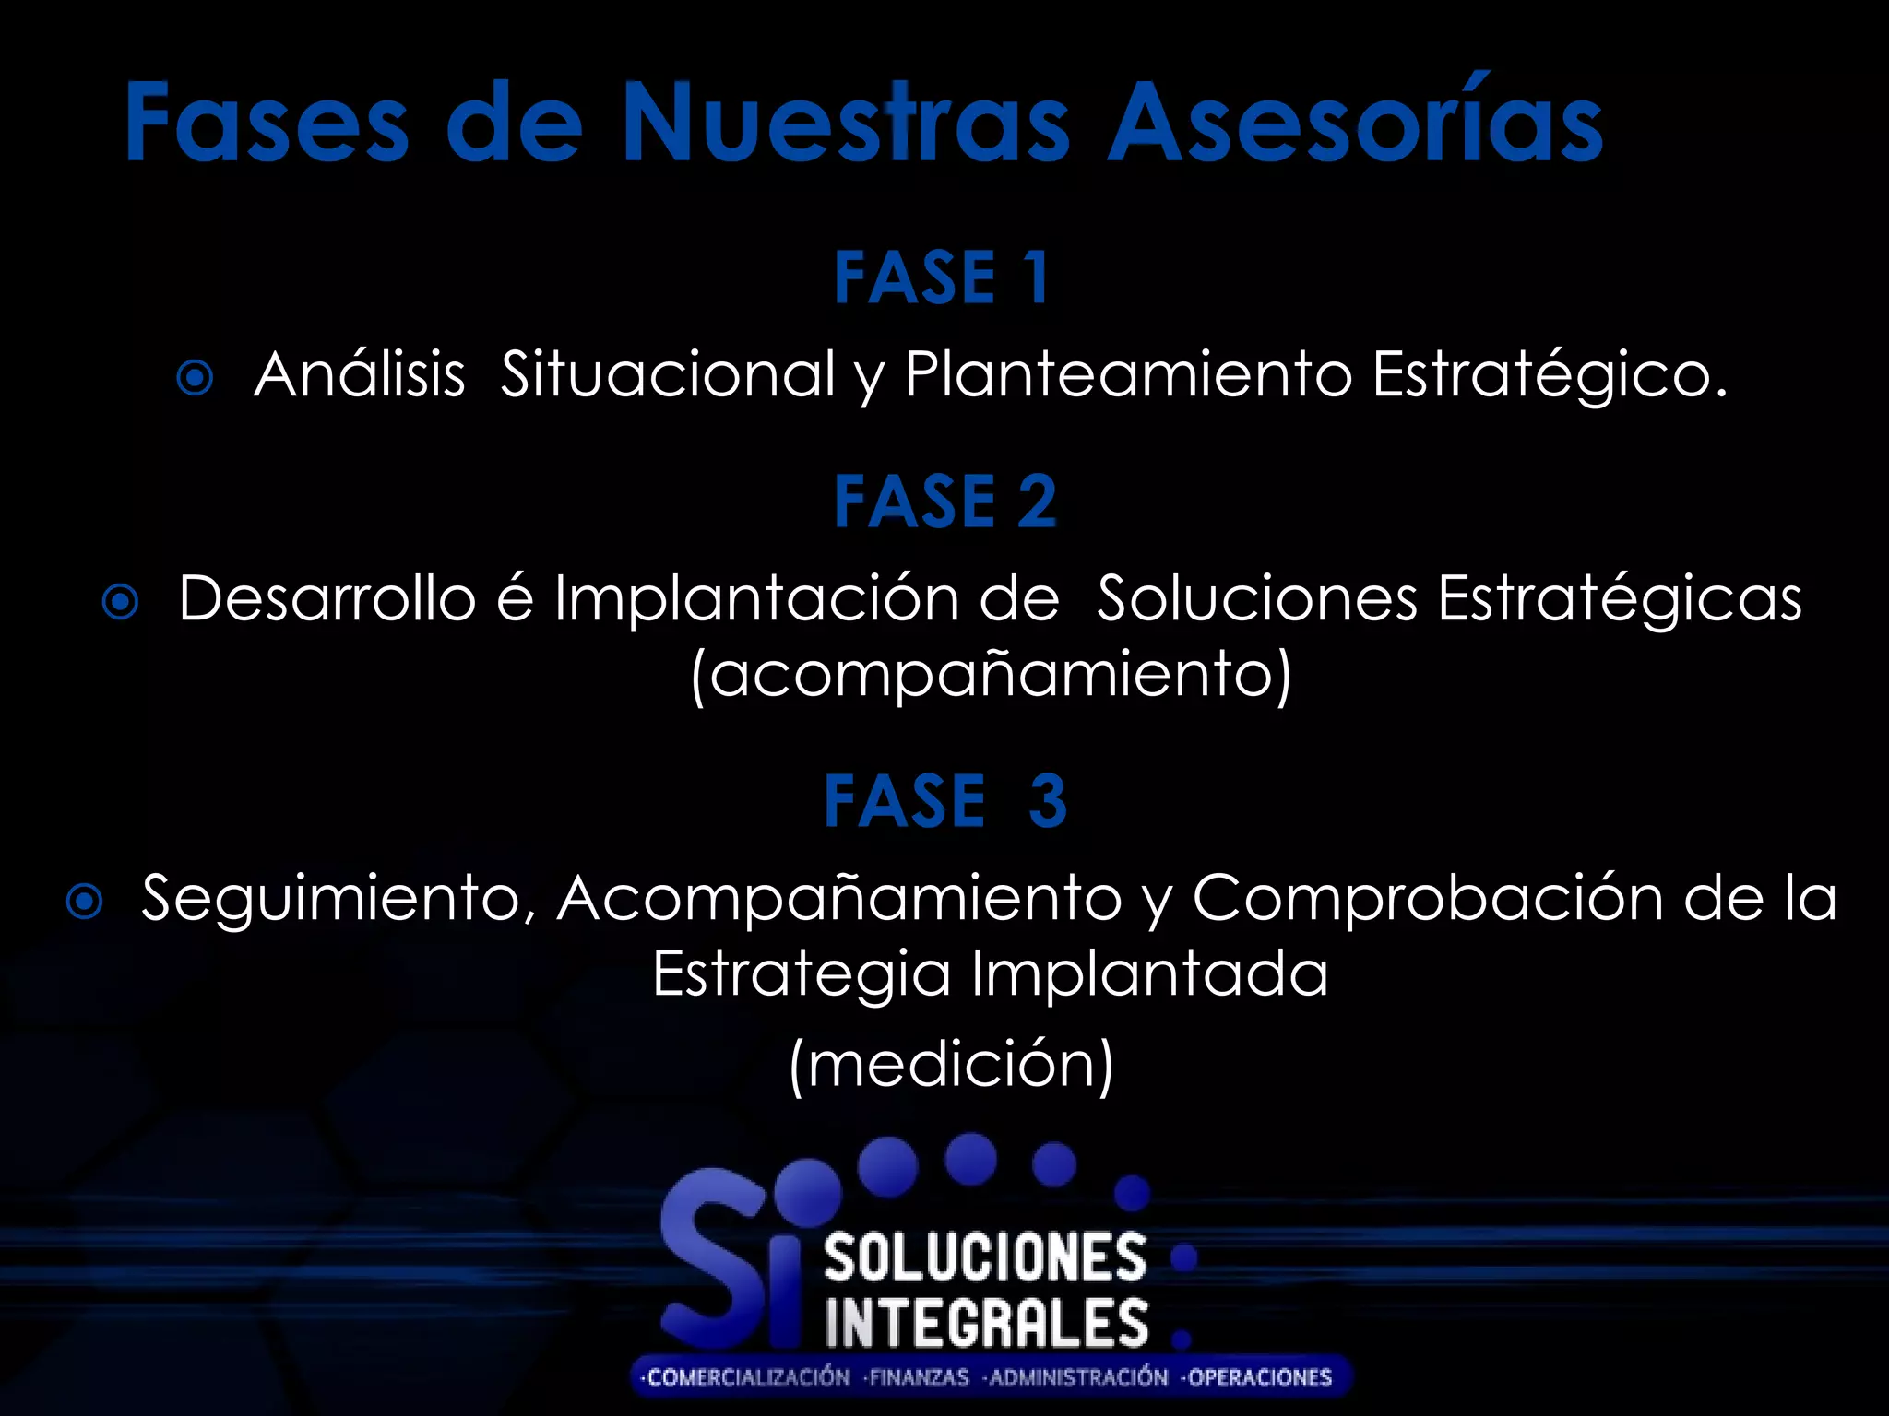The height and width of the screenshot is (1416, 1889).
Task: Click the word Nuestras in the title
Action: point(845,123)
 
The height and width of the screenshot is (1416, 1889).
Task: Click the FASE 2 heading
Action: point(944,501)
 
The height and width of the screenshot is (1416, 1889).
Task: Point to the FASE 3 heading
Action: point(944,800)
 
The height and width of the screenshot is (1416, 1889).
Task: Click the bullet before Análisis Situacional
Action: point(195,378)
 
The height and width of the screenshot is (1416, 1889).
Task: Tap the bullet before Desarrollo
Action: point(120,603)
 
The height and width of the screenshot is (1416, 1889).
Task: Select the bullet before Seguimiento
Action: point(85,903)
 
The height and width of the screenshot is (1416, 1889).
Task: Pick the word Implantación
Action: point(755,599)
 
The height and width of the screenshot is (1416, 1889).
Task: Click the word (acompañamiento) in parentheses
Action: point(991,675)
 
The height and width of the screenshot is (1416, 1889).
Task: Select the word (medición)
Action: point(952,1065)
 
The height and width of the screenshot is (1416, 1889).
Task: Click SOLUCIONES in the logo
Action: point(985,1259)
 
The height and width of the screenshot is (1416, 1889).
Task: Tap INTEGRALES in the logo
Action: point(987,1324)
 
